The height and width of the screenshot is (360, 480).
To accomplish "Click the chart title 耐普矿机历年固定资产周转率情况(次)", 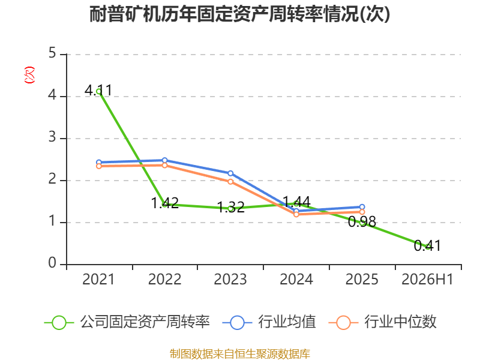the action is pos(239,14).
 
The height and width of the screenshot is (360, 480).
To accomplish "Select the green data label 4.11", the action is pos(98,91).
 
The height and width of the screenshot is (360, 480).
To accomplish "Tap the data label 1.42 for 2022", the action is pos(164,203).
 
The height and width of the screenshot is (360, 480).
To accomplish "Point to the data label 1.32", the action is pos(231,207).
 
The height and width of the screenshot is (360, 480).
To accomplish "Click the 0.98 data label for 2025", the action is pos(362,221).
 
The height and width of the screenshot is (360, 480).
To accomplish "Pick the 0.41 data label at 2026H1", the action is pos(427,245).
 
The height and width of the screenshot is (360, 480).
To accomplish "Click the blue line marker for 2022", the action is pos(164,160).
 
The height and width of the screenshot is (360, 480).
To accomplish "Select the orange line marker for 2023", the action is pos(230,182).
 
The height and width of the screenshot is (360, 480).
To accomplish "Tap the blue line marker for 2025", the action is pos(362,207).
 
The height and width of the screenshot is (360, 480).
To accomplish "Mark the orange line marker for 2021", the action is pos(99,166).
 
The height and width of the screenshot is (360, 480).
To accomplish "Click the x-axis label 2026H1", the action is pos(427,280).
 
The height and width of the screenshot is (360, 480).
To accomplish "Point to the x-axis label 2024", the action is pos(296,280).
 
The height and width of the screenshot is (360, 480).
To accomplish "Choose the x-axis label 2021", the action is pos(98,280).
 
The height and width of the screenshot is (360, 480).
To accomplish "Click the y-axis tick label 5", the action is pos(52,53).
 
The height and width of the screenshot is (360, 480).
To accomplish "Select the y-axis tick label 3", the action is pos(52,137).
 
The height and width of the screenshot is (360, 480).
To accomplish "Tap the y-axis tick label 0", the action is pos(52,263).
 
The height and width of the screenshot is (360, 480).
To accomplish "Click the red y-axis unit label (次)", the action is pos(29,75).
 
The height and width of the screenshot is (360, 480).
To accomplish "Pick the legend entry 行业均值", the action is pos(269,322).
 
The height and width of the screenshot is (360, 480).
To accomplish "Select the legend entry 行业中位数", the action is pos(382,322).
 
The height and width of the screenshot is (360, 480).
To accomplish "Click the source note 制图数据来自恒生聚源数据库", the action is pos(240,353).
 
